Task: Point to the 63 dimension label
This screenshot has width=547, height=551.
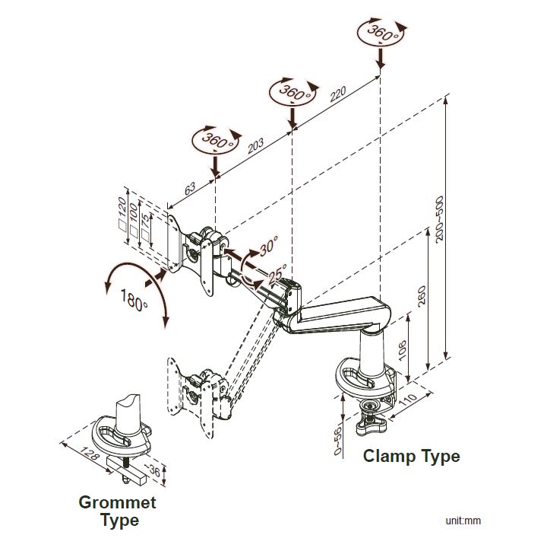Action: coord(190,188)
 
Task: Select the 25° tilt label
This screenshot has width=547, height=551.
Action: coord(277,271)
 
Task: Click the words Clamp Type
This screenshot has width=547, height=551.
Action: coord(411,457)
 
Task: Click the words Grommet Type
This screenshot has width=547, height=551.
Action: coord(118,511)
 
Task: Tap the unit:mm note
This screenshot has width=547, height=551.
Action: coord(463,521)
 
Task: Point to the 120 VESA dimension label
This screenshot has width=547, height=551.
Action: coord(122,206)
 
